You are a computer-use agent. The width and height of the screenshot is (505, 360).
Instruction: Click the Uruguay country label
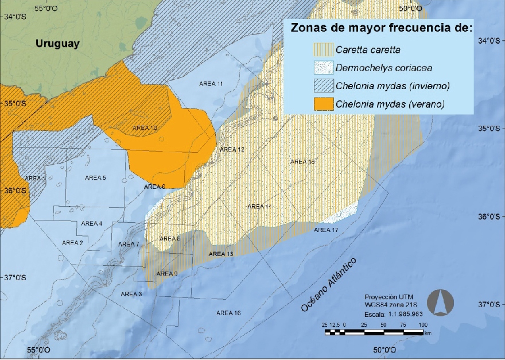click(57, 44)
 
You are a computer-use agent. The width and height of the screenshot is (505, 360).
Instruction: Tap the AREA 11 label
click(211, 84)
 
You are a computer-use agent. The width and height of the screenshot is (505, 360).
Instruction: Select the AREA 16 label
click(228, 313)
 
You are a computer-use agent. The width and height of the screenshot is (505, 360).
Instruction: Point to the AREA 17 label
click(326, 230)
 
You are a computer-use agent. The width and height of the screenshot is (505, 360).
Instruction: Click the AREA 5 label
click(95, 178)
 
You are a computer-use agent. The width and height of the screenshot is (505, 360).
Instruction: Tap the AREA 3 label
click(132, 294)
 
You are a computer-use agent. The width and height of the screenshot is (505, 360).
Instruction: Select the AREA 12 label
click(232, 149)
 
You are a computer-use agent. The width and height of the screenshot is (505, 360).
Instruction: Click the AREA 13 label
click(221, 254)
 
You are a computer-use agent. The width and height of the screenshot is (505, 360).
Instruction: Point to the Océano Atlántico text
click(329, 285)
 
